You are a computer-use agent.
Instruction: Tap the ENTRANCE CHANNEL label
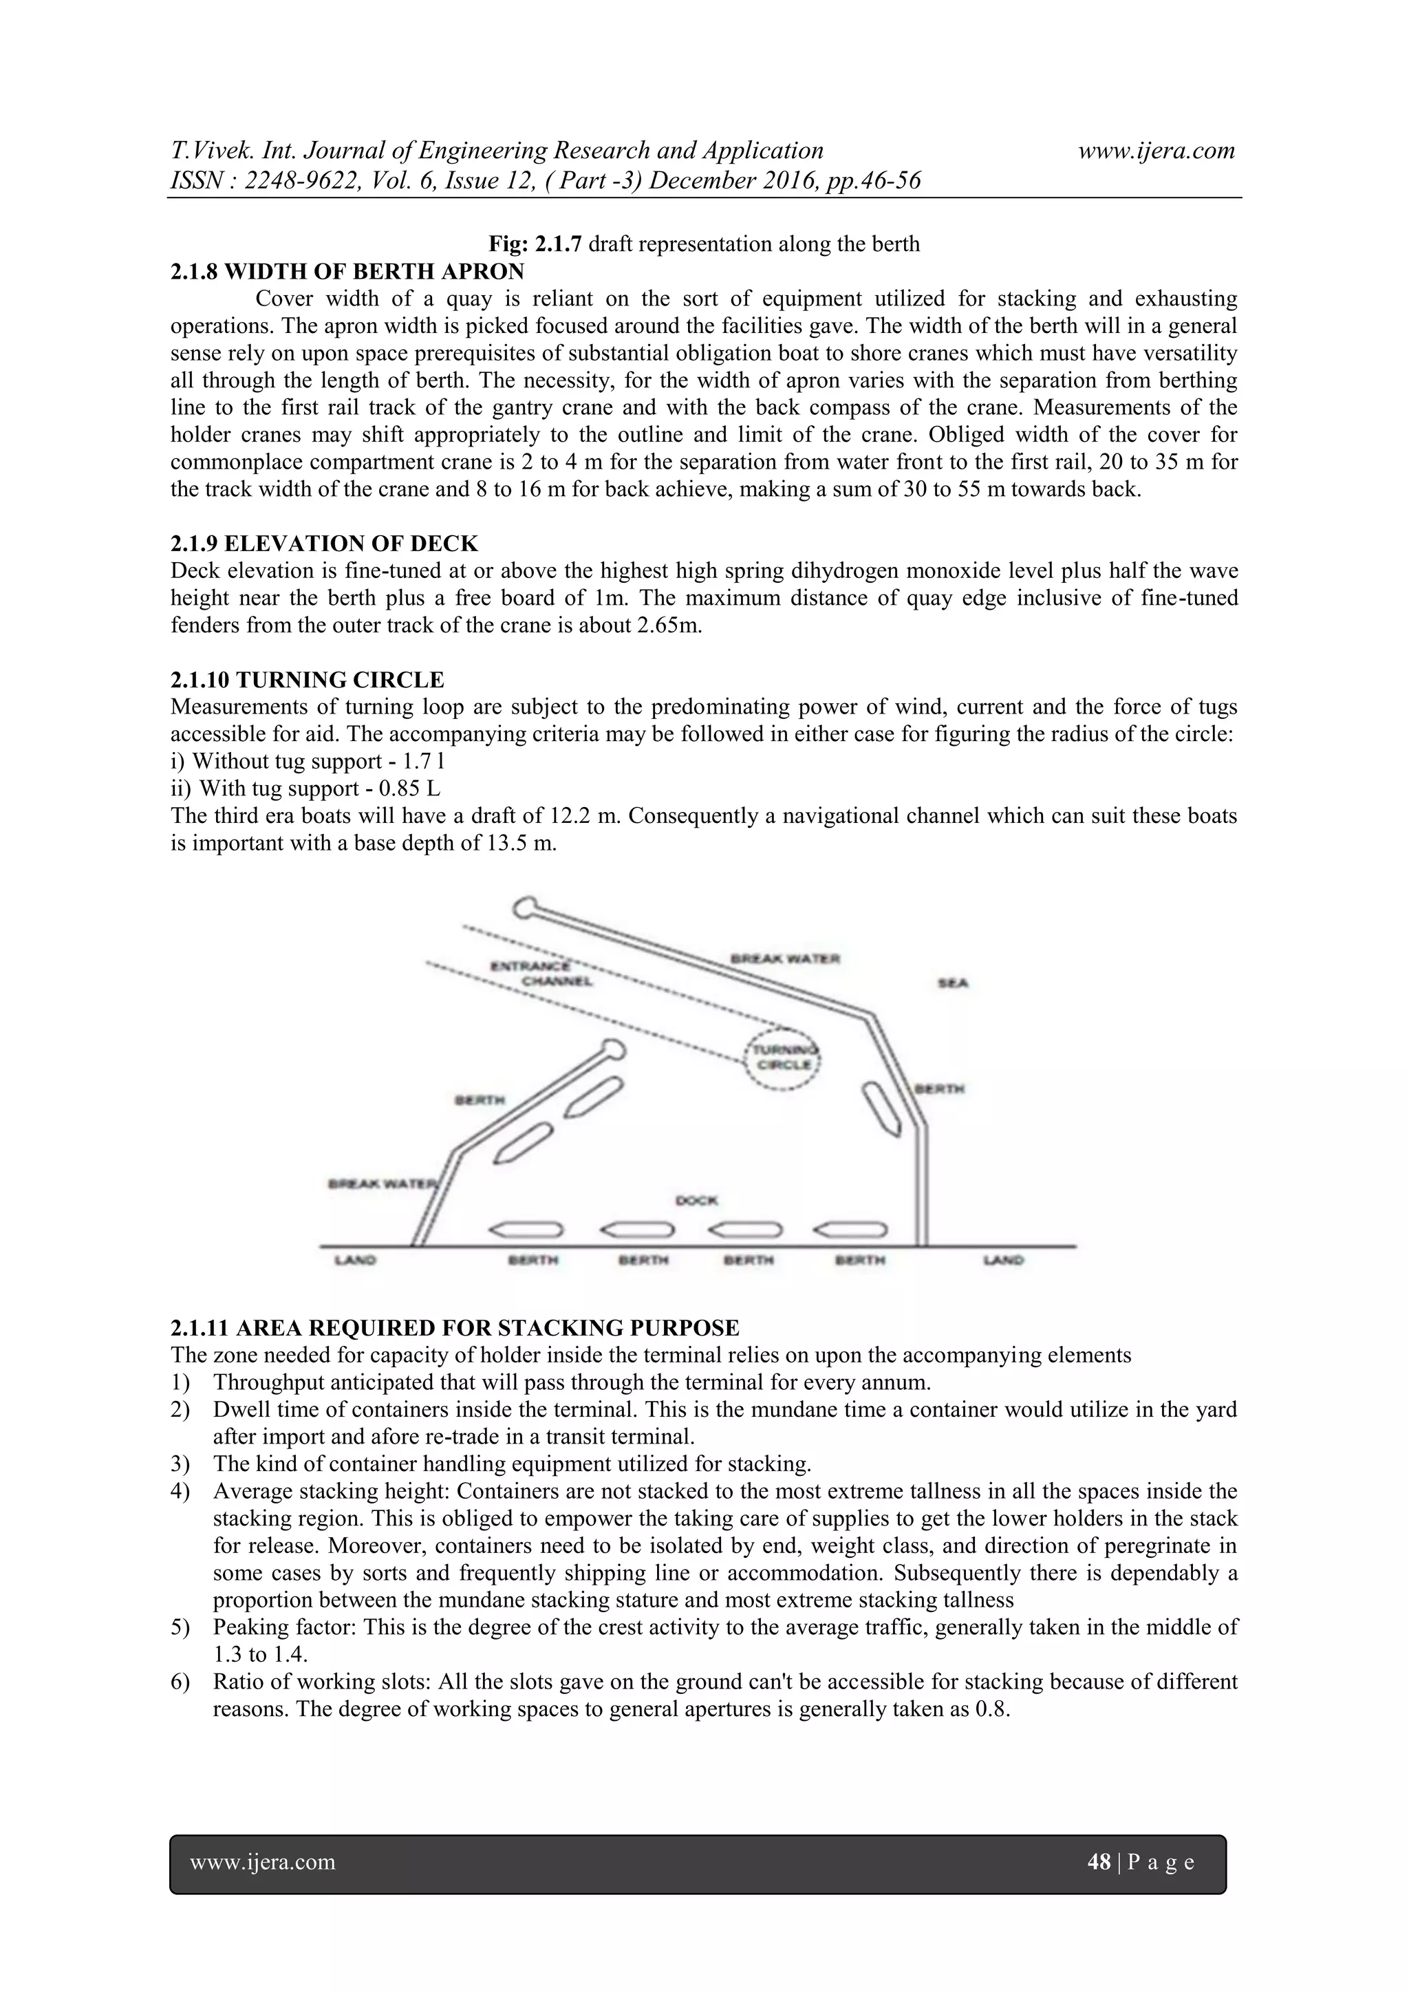tap(542, 974)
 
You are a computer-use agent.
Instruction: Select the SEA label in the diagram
tap(953, 983)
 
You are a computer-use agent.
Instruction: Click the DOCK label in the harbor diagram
tap(697, 1201)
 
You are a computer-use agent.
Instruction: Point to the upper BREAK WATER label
tap(785, 958)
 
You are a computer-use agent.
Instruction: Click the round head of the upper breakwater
tap(525, 908)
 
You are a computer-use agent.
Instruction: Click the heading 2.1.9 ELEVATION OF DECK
tap(323, 544)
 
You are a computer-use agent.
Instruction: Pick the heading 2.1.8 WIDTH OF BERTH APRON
tap(347, 272)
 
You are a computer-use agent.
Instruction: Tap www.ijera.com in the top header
tap(1156, 151)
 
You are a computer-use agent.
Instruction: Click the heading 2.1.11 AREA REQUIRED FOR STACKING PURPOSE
tap(455, 1328)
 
